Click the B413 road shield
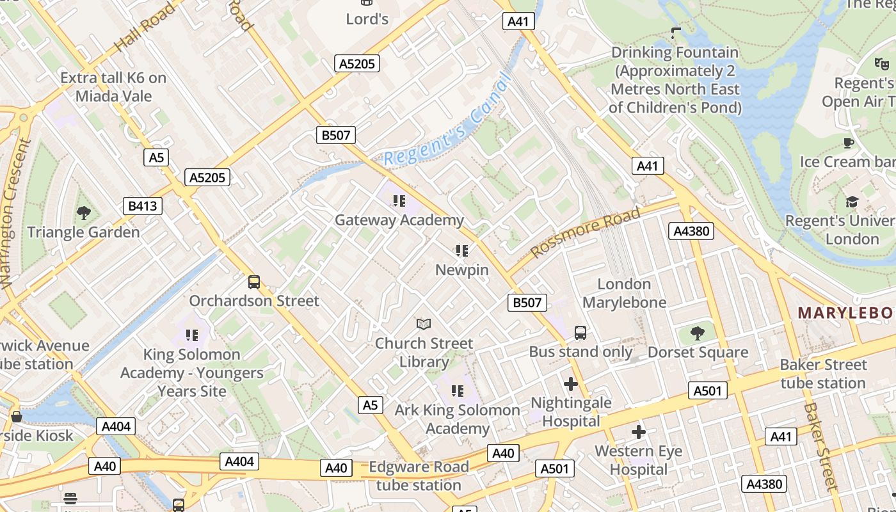143,206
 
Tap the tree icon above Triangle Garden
83,212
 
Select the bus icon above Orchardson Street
254,282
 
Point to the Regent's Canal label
448,122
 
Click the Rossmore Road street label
585,233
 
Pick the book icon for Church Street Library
424,324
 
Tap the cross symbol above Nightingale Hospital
571,384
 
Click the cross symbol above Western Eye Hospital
638,432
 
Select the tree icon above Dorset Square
698,333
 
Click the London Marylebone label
624,293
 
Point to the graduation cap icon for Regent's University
851,202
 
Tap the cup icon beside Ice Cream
849,143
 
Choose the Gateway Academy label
399,220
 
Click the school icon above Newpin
462,251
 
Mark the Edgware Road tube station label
419,476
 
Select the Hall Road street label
145,28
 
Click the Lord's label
367,19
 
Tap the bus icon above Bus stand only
580,333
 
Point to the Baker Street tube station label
823,374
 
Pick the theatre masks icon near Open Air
882,63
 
